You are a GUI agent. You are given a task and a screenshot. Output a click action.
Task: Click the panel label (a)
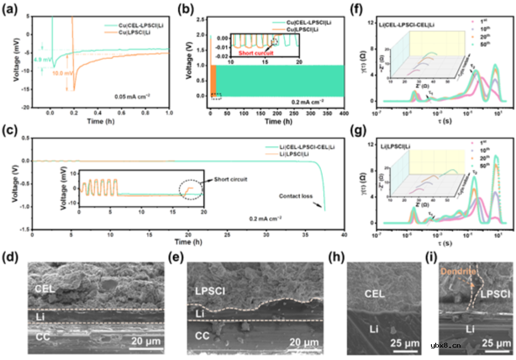(11, 8)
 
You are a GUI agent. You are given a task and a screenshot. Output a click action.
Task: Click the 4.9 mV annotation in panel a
(42, 60)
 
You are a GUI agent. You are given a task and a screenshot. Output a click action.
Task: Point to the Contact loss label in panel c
(296, 195)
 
